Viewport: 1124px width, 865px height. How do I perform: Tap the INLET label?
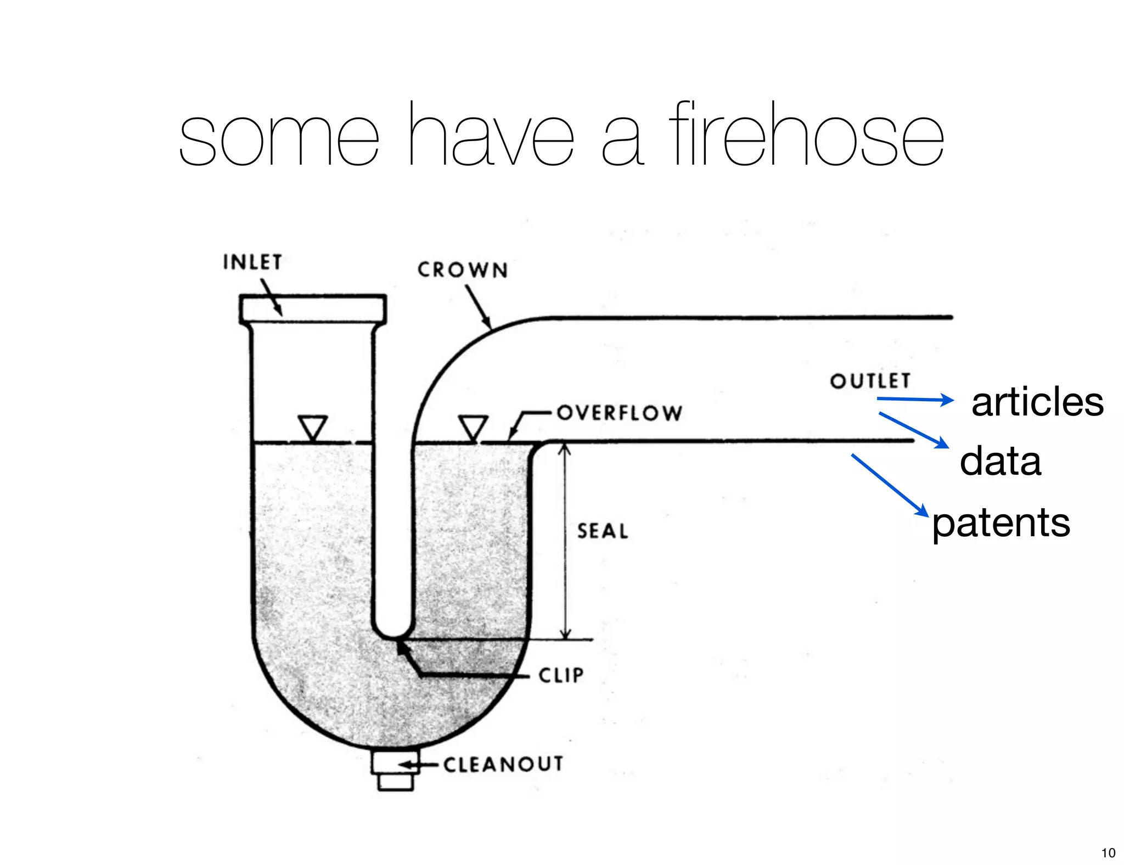coord(252,262)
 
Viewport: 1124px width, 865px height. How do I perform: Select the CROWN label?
coord(463,270)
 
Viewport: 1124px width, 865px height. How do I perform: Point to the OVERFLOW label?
coord(620,413)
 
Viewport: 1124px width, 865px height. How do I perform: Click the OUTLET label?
coord(870,381)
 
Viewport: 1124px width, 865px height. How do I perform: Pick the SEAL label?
coord(603,531)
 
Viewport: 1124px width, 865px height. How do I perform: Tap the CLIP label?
coord(561,675)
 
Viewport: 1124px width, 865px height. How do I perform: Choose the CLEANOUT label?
coord(503,764)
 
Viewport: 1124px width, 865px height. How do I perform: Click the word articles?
coord(1037,402)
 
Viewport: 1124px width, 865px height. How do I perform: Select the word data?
coord(1000,462)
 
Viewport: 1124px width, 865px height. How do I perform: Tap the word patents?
coord(1001,523)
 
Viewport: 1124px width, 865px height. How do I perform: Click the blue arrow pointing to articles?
coord(915,400)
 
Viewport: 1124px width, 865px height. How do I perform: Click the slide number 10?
coord(1108,852)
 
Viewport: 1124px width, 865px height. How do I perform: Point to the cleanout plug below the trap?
coord(395,771)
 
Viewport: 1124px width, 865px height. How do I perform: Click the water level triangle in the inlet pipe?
coord(313,427)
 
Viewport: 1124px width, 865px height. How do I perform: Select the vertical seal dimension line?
coord(565,541)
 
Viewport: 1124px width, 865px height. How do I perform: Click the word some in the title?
coord(279,137)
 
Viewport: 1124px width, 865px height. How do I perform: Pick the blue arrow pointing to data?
coord(914,430)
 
